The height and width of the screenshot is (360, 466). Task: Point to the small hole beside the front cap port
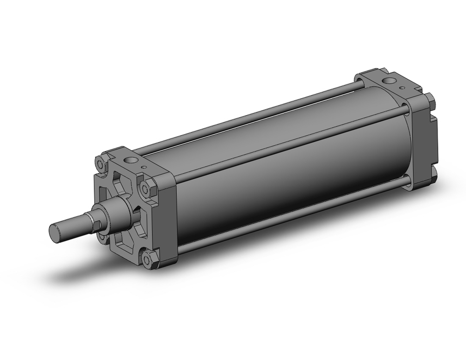point(145,166)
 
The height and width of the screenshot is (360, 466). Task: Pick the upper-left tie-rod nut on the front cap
point(100,164)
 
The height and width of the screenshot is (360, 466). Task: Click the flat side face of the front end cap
point(168,219)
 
